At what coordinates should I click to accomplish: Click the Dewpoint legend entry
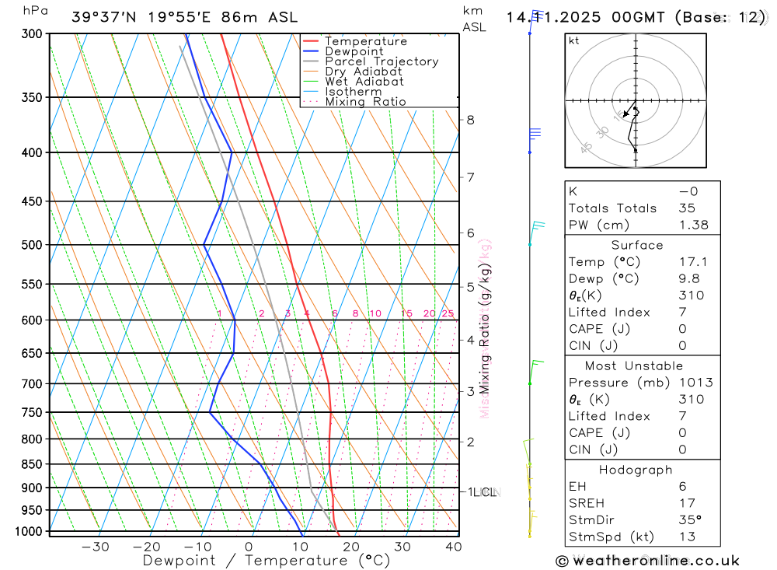pyautogui.click(x=354, y=51)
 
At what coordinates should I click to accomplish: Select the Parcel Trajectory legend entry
pyautogui.click(x=382, y=61)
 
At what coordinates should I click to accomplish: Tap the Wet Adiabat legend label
pyautogui.click(x=364, y=82)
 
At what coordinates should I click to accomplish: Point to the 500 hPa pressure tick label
pyautogui.click(x=32, y=245)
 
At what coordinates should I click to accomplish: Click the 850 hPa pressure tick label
pyautogui.click(x=32, y=464)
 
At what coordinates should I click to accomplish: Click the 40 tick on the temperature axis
pyautogui.click(x=454, y=547)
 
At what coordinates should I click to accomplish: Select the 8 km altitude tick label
pyautogui.click(x=470, y=120)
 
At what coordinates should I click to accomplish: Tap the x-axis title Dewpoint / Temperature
pyautogui.click(x=267, y=560)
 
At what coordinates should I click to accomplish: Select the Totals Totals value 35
pyautogui.click(x=686, y=208)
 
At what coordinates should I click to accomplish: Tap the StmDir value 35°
pyautogui.click(x=688, y=519)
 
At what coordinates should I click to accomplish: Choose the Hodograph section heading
pyautogui.click(x=636, y=470)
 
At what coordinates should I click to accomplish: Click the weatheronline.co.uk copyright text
pyautogui.click(x=647, y=561)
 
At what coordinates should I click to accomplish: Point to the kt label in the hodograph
pyautogui.click(x=574, y=40)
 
